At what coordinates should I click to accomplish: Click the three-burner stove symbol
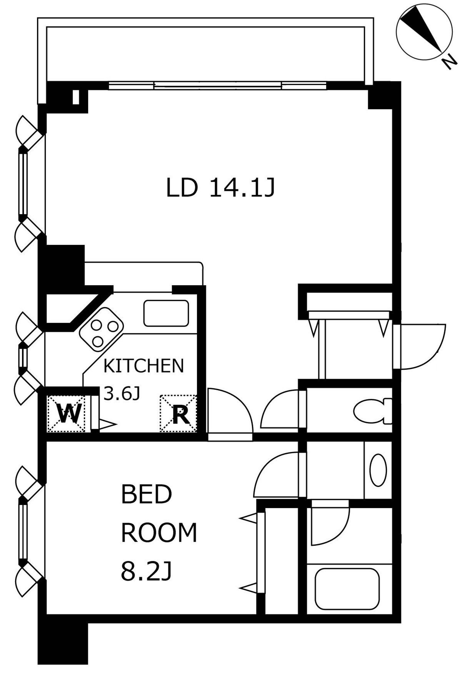coord(101,329)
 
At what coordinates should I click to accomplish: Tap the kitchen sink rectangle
coord(166,313)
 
